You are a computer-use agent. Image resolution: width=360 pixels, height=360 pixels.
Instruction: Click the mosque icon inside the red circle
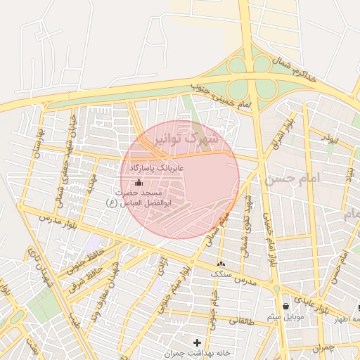coord(136,184)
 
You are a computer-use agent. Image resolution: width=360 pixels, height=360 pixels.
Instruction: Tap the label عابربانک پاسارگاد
coord(156,169)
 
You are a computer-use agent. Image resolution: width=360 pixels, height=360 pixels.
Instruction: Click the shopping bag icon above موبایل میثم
coord(285,306)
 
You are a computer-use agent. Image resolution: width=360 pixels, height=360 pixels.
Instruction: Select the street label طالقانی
coord(241,321)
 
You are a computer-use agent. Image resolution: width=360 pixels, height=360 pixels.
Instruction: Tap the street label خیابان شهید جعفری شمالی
coord(56,158)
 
